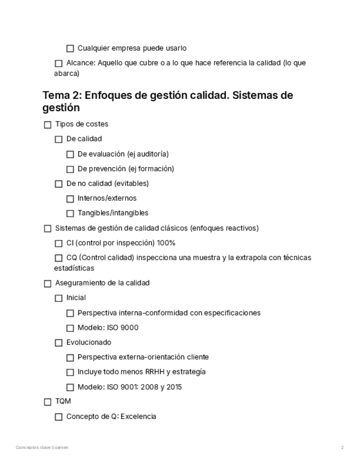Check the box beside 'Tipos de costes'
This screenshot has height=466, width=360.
click(x=47, y=125)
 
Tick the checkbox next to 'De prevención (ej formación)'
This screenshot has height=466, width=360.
click(x=70, y=169)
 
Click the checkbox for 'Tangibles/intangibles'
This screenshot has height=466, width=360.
click(x=70, y=214)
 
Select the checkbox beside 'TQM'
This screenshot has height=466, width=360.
click(x=47, y=402)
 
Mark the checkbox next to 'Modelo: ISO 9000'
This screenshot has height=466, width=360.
click(x=70, y=329)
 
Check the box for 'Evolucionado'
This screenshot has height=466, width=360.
click(x=59, y=343)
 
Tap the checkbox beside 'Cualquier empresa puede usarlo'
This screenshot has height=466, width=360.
click(x=70, y=48)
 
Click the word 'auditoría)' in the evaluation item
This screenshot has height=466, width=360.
click(x=152, y=154)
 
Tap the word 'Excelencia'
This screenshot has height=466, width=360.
click(x=138, y=417)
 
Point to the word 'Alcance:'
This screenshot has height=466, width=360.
click(x=81, y=63)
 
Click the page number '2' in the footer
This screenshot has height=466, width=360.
click(x=342, y=448)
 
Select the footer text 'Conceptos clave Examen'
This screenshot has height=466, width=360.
click(x=42, y=448)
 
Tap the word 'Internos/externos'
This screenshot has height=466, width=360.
click(x=107, y=198)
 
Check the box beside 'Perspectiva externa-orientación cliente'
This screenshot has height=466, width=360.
click(x=70, y=358)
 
